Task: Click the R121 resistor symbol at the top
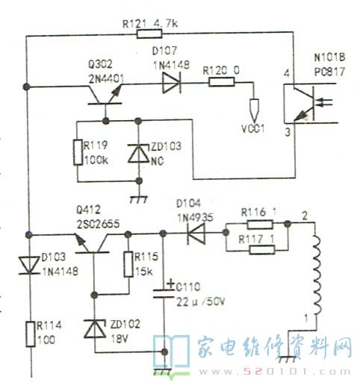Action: [x=149, y=34]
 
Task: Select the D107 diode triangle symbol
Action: [x=172, y=83]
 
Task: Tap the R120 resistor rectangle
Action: [x=221, y=82]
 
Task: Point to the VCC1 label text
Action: [x=253, y=128]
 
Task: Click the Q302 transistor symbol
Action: [x=105, y=96]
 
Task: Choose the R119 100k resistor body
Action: [x=78, y=152]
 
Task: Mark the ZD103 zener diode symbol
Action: [x=139, y=154]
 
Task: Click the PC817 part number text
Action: [x=329, y=72]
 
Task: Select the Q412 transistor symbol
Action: [x=92, y=243]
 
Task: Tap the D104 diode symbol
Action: [x=196, y=234]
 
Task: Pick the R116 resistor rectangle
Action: [x=260, y=225]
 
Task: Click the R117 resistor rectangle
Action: [x=262, y=250]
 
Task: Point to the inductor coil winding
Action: [x=317, y=275]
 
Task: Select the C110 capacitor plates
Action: [x=164, y=293]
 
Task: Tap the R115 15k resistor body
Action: [x=128, y=264]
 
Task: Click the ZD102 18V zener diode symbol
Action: [x=95, y=328]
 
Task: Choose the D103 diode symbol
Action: [x=29, y=266]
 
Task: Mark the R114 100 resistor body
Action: [x=31, y=334]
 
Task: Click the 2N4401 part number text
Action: [x=106, y=79]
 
